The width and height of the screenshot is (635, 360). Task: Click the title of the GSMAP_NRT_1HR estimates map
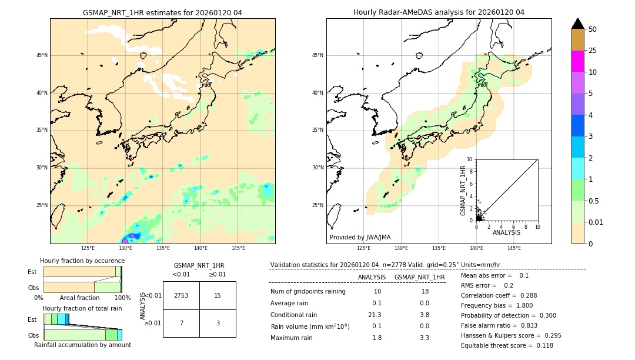[162, 12]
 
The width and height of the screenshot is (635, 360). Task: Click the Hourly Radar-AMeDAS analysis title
[439, 12]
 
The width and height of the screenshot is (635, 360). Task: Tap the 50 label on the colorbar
[593, 29]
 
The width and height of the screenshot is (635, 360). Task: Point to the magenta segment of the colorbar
[578, 61]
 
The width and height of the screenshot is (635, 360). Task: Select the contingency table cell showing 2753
[181, 295]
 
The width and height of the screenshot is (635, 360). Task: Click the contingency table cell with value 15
[218, 295]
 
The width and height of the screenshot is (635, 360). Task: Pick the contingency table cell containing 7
[181, 324]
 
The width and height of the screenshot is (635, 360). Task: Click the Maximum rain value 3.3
[424, 338]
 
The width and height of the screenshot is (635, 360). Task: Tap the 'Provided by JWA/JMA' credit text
[360, 238]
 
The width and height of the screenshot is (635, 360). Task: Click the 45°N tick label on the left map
[42, 55]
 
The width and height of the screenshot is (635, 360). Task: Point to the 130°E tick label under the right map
[402, 248]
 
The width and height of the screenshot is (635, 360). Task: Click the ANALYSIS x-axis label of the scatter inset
[506, 233]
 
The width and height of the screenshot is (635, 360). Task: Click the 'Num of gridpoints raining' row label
[308, 292]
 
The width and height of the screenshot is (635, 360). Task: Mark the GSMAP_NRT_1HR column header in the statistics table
[419, 277]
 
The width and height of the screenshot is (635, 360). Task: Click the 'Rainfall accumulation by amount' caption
[82, 345]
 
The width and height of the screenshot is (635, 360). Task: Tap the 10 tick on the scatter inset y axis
[470, 159]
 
